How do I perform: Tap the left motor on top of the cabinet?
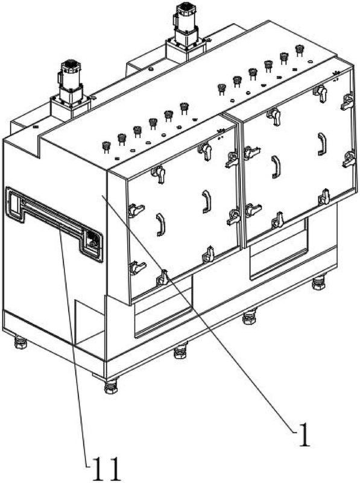tap(71, 80)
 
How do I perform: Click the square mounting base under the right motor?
tap(186, 49)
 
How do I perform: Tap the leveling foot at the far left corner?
tap(21, 343)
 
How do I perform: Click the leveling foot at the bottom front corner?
tap(111, 387)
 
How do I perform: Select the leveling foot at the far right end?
tap(318, 282)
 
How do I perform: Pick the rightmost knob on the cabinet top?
tap(299, 50)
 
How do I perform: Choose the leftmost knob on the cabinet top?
tap(106, 147)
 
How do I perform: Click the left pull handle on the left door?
tap(161, 224)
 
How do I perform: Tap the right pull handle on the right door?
tap(322, 144)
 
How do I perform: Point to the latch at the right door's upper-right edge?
tap(348, 102)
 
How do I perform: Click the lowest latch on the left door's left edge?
tap(136, 267)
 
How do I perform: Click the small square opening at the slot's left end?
tap(14, 202)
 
